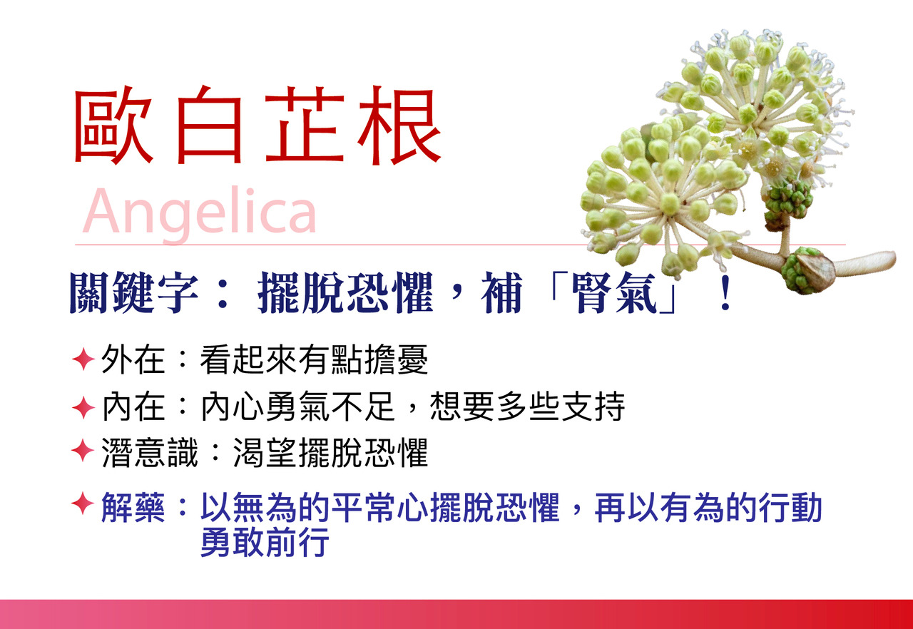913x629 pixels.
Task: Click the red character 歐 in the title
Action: click(113, 125)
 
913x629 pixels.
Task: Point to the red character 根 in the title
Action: click(399, 125)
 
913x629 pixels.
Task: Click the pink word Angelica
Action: click(200, 213)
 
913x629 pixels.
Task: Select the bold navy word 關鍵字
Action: click(133, 293)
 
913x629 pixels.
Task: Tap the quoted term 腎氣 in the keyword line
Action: click(614, 293)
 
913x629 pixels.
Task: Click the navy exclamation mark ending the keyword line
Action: click(725, 293)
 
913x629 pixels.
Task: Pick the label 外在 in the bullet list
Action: click(133, 359)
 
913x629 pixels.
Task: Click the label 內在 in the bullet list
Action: click(133, 406)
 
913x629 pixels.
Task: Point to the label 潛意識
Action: click(149, 453)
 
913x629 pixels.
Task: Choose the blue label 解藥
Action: click(133, 507)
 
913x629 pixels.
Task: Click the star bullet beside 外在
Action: click(83, 359)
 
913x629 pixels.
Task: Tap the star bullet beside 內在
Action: click(83, 407)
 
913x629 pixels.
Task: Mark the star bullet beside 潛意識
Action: click(83, 451)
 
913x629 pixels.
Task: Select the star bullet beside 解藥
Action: click(83, 503)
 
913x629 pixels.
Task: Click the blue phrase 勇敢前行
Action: click(265, 542)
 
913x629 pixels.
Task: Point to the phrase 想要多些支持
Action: click(527, 406)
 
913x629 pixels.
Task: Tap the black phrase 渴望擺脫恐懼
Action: click(330, 453)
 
